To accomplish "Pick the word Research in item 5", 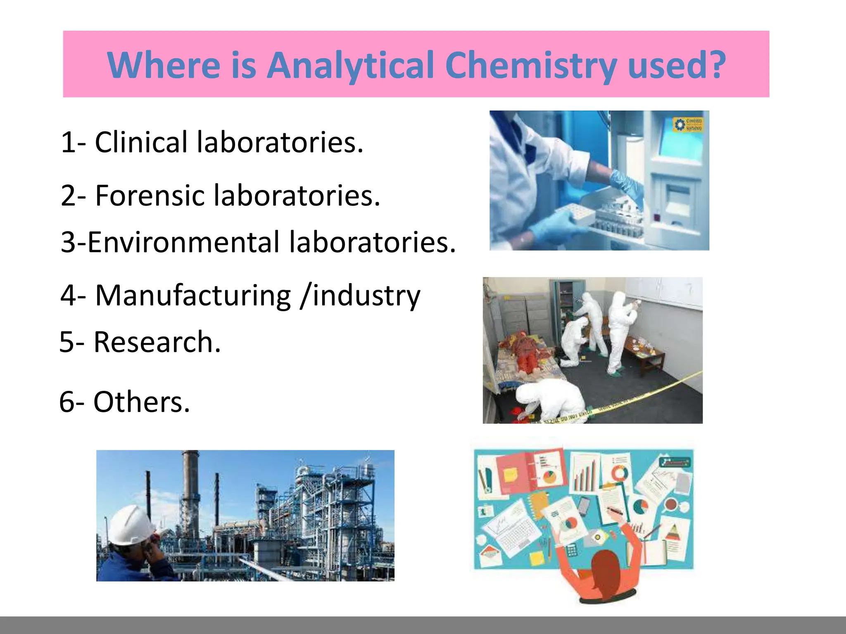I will pos(152,342).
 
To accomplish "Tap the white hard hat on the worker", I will pos(130,524).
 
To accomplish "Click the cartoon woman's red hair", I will pos(607,570).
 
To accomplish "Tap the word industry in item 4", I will pos(366,296).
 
